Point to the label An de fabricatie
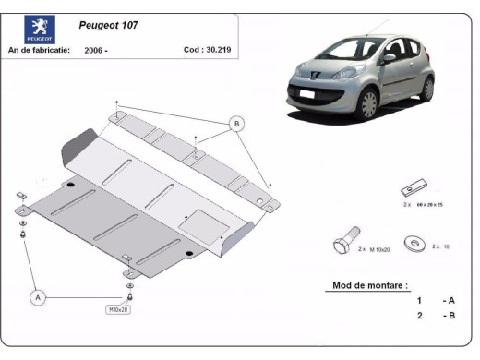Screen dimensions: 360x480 (x=39, y=50)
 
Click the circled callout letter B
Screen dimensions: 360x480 (x=236, y=124)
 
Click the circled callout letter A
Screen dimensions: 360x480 (x=38, y=297)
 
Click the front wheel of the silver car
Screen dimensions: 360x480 (x=370, y=102)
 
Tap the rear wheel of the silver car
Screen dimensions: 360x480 (x=426, y=88)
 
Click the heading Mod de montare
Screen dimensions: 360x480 (x=368, y=285)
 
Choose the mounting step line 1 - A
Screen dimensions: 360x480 (x=435, y=301)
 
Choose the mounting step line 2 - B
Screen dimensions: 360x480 (x=435, y=317)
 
